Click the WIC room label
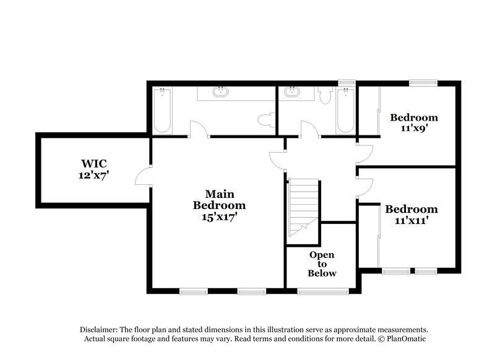tap(93, 163)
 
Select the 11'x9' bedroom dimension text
tap(414, 129)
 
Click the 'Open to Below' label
tap(322, 264)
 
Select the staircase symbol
tap(303, 207)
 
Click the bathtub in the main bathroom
tap(162, 110)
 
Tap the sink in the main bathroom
tap(220, 93)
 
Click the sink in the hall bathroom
tap(290, 93)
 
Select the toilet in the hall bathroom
tap(326, 95)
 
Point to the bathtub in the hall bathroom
tap(345, 110)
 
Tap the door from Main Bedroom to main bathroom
tap(198, 129)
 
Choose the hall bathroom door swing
tap(309, 129)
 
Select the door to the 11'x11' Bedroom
tap(365, 187)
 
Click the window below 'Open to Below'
tap(314, 291)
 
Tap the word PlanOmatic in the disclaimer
tap(403, 339)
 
